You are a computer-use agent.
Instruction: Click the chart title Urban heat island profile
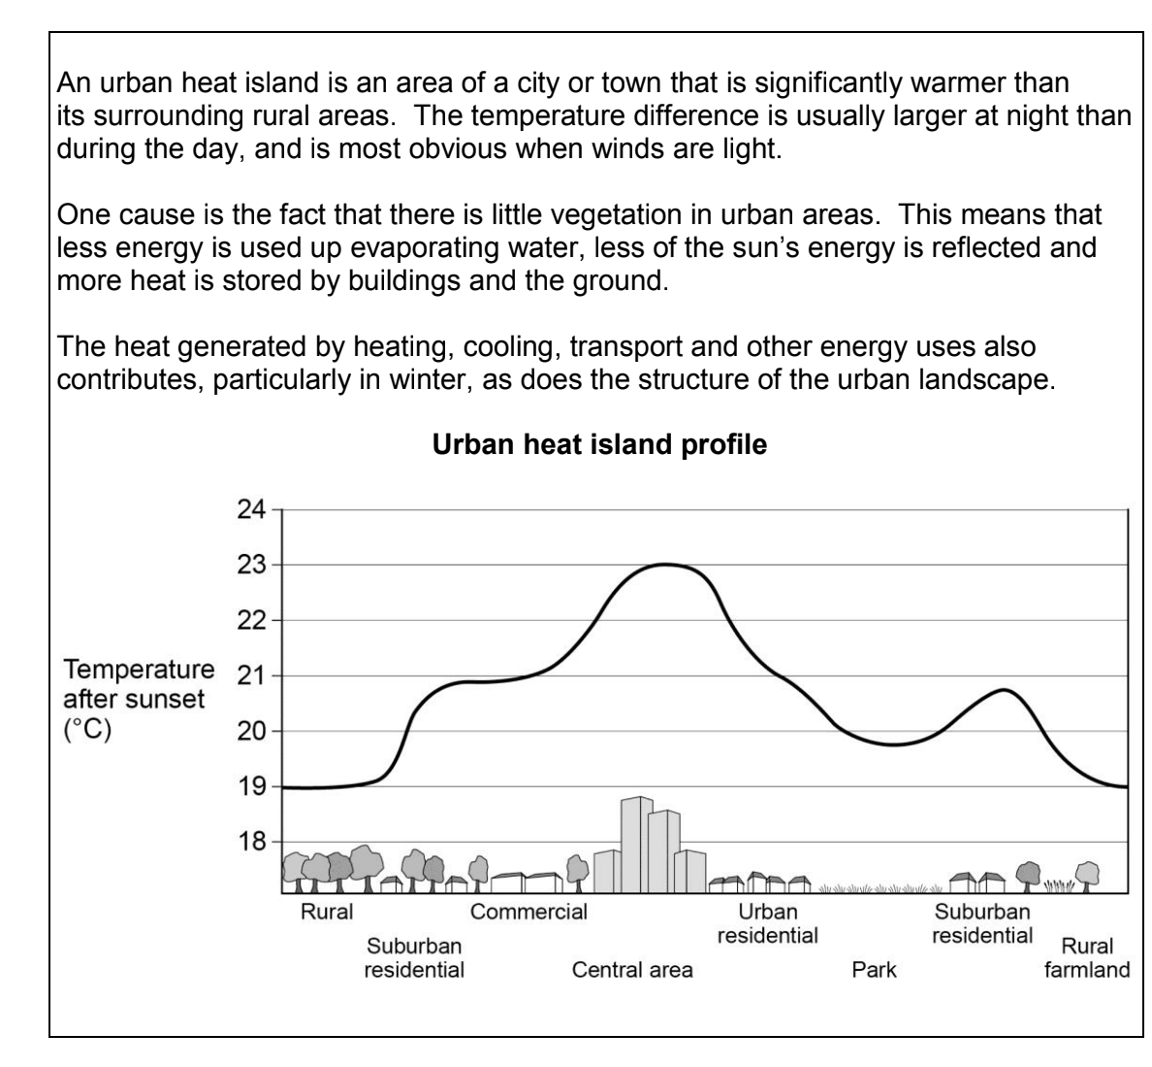pos(599,445)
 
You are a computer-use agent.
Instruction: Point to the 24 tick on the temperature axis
pos(251,509)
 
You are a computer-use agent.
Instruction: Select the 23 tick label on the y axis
pos(251,565)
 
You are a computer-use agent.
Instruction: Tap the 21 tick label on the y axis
pos(251,675)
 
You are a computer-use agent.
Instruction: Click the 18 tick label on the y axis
pos(251,841)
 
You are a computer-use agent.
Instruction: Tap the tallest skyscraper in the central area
pos(637,844)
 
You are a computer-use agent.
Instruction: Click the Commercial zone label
pos(528,912)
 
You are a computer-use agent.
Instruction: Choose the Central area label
pos(632,969)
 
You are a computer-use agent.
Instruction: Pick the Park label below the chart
pos(874,969)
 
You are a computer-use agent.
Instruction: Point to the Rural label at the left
pos(327,912)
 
